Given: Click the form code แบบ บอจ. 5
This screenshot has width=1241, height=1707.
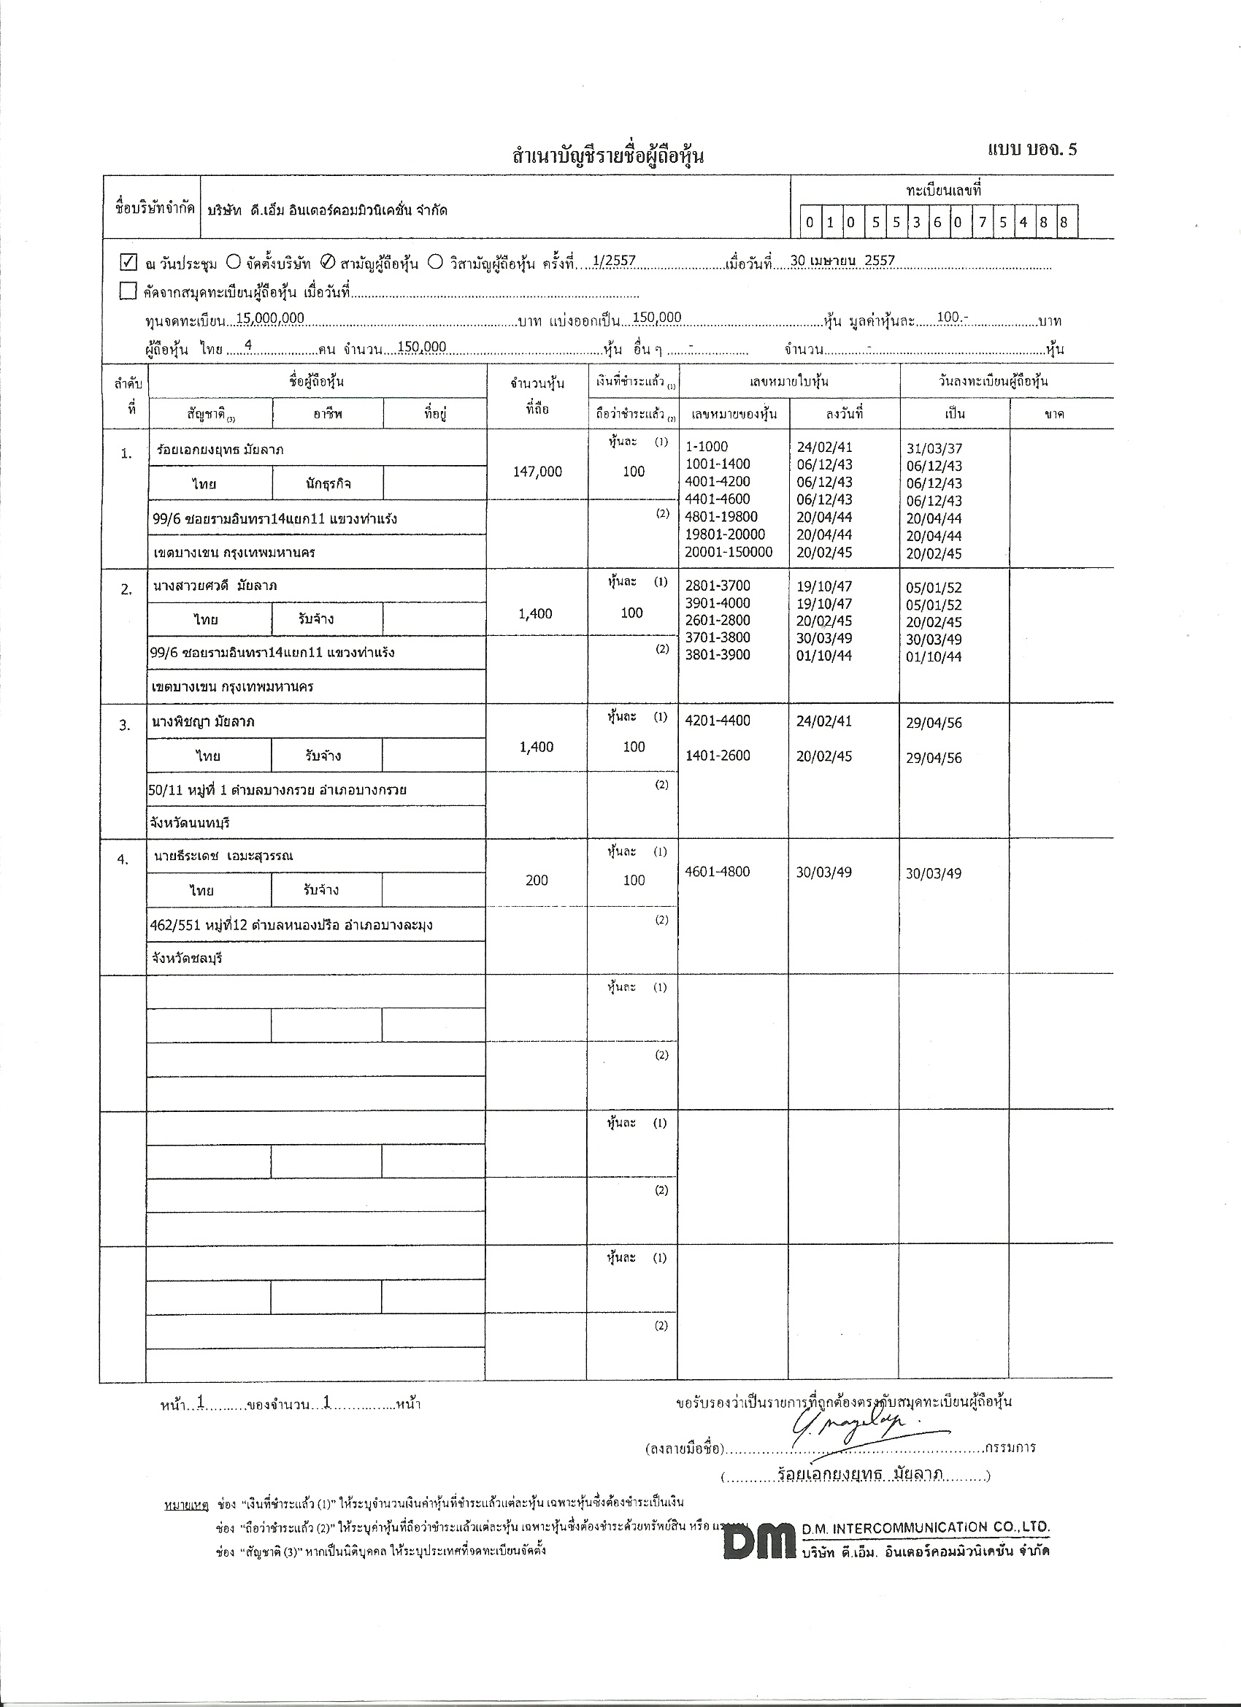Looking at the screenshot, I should click(1031, 149).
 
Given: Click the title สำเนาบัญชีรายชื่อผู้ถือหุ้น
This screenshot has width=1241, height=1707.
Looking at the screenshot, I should click(608, 156).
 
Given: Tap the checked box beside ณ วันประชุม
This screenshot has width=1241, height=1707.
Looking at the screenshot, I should click(128, 263).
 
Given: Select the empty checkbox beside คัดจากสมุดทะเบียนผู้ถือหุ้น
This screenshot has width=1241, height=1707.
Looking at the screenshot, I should click(128, 291).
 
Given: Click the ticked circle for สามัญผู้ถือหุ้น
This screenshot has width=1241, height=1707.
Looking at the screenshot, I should click(327, 263).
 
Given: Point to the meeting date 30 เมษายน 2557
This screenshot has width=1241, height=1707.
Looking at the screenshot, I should click(842, 261).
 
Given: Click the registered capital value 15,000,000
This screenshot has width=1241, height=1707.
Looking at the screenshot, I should click(270, 318).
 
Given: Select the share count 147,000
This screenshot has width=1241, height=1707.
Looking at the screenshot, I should click(537, 471).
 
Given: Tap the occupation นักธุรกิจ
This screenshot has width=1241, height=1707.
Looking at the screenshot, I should click(328, 484).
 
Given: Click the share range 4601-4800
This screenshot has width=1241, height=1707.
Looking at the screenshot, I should click(718, 872).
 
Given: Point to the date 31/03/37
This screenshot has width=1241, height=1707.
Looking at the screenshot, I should click(934, 448).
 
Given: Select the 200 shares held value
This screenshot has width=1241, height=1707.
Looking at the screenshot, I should click(537, 880).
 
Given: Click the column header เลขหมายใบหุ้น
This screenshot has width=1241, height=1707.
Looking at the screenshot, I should click(788, 382).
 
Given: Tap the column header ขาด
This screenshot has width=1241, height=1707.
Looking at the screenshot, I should click(1054, 414).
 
